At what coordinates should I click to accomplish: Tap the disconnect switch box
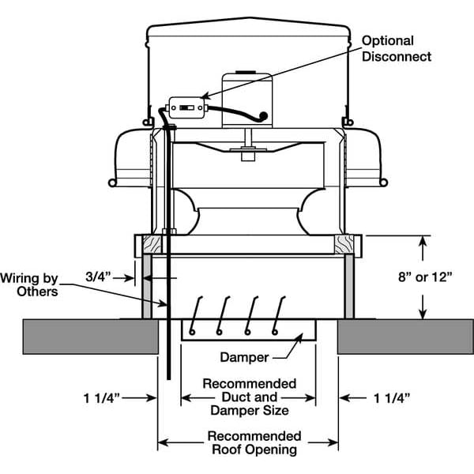(x=186, y=107)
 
